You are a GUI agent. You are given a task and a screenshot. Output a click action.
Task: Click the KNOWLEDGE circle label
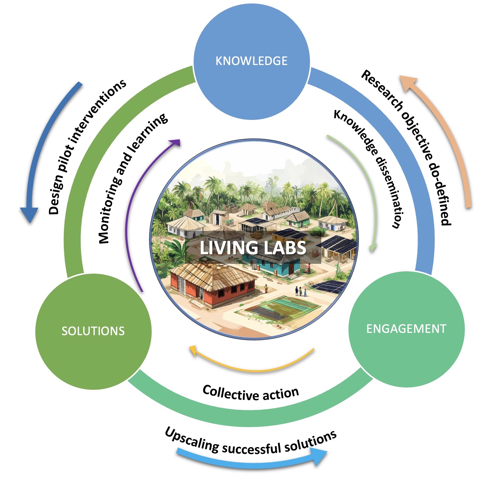[251, 61]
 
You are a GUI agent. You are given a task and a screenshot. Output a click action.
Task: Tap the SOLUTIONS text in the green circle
[93, 331]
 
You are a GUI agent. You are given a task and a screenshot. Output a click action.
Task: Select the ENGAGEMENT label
[406, 329]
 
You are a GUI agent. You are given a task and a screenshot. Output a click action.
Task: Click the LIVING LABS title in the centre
[253, 248]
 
